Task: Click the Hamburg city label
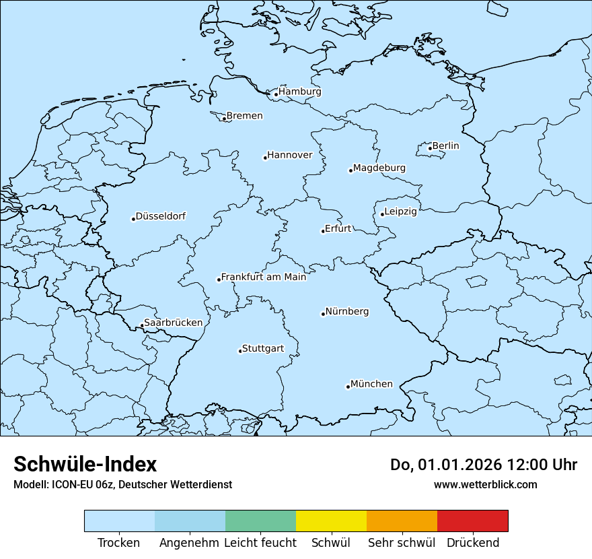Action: pyautogui.click(x=300, y=92)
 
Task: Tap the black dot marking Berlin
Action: pyautogui.click(x=430, y=148)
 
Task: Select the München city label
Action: pyautogui.click(x=371, y=384)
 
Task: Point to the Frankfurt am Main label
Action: pyautogui.click(x=264, y=277)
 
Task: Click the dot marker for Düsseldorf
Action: pyautogui.click(x=133, y=219)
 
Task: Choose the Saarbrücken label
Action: pyautogui.click(x=173, y=323)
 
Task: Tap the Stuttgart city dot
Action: pyautogui.click(x=240, y=351)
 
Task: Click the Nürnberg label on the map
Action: pyautogui.click(x=347, y=312)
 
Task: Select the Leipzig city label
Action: pyautogui.click(x=401, y=211)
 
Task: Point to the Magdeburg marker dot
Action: pyautogui.click(x=350, y=170)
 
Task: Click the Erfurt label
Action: pyautogui.click(x=338, y=228)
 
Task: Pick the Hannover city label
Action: pyautogui.click(x=290, y=155)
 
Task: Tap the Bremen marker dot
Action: pyautogui.click(x=224, y=119)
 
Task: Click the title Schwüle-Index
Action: pyautogui.click(x=85, y=464)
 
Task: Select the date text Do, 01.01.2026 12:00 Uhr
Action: pyautogui.click(x=484, y=465)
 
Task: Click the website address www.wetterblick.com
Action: pyautogui.click(x=485, y=485)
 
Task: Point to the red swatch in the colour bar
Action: pyautogui.click(x=472, y=521)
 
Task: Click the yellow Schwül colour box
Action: pyautogui.click(x=331, y=521)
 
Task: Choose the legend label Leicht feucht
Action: pyautogui.click(x=260, y=543)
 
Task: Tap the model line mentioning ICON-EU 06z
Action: pyautogui.click(x=122, y=485)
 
